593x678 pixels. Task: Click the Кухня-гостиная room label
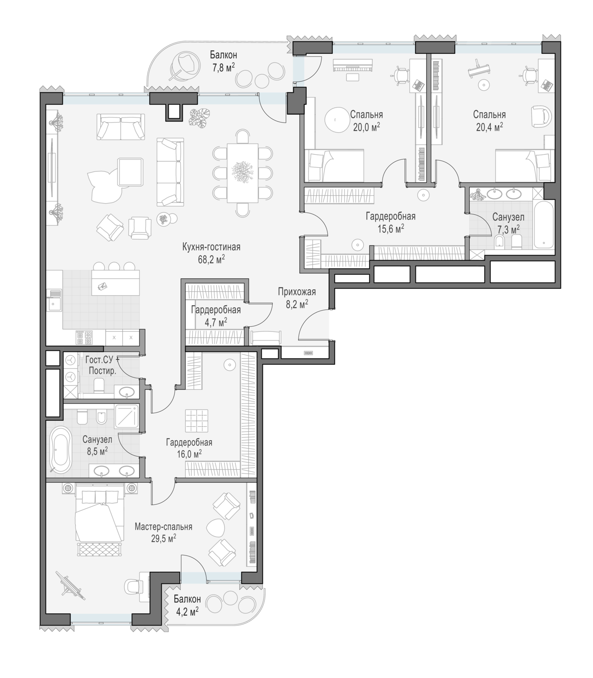pos(211,247)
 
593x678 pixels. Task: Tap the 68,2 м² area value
pos(211,259)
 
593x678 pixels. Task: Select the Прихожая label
pos(297,292)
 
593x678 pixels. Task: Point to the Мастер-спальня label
pos(163,527)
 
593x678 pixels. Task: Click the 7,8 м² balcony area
pos(224,68)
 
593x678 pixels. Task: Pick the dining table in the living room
pos(243,173)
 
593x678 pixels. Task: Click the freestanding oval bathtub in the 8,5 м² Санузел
pos(60,449)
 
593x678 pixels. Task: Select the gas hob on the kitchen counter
pos(84,338)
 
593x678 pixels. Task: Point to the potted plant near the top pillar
pos(200,118)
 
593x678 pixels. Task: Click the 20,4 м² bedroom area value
pos(490,127)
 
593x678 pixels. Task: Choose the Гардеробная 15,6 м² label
pos(390,222)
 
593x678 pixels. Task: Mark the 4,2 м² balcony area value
pos(187,611)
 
